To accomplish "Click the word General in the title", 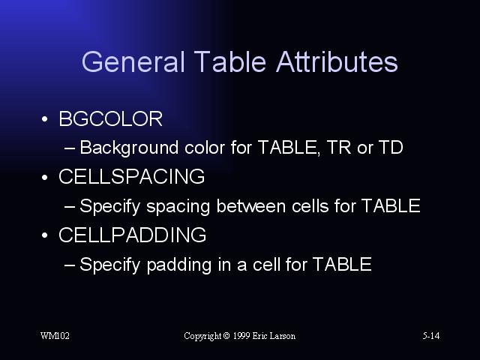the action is [x=133, y=62].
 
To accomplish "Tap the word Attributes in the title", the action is [x=337, y=61].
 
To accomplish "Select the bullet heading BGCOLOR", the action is [x=110, y=118].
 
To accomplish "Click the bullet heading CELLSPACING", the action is [x=132, y=177].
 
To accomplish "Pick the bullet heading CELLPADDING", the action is [x=132, y=235].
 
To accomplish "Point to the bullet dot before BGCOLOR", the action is [x=45, y=118].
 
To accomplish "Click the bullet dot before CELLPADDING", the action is [x=45, y=235].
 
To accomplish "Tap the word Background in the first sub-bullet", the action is [x=129, y=148].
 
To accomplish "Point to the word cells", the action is [x=310, y=206].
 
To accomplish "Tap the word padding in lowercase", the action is [x=179, y=265].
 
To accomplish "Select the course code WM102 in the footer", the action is [x=55, y=336].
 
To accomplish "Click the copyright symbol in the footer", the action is [x=226, y=336].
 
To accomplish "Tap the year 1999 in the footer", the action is [x=241, y=336].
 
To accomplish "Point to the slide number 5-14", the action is [x=431, y=336].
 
